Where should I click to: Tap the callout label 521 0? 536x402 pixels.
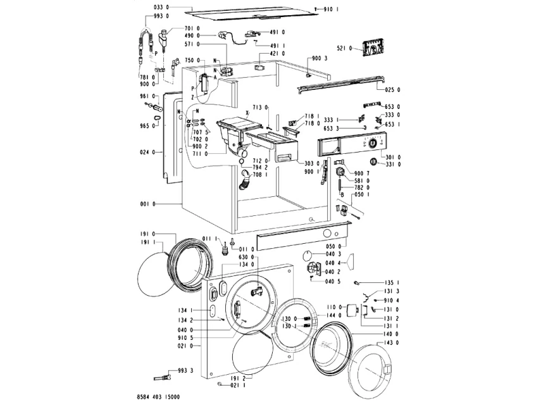click(x=344, y=49)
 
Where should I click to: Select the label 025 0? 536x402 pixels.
click(x=393, y=90)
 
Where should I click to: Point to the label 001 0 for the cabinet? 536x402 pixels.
click(x=147, y=204)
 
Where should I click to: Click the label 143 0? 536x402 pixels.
click(x=392, y=342)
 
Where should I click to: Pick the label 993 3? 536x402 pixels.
click(x=185, y=370)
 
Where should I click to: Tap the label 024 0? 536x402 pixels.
click(x=147, y=152)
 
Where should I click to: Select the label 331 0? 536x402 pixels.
click(x=393, y=165)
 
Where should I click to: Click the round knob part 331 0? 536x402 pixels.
click(x=373, y=161)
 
